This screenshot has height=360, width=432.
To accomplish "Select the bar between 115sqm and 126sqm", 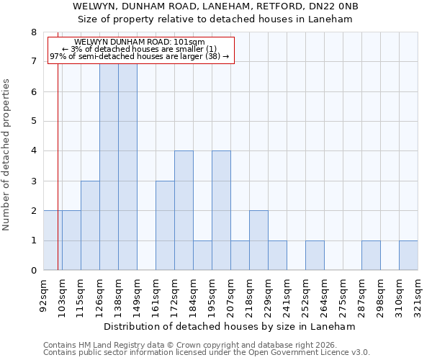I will tap(90, 225).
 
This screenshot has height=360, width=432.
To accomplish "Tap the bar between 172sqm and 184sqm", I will tap(184, 210).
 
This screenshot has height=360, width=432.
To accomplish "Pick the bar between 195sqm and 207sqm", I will tap(221, 210).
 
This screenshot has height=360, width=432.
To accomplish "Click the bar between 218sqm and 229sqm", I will tap(258, 240).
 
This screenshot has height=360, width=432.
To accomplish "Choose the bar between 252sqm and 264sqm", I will tap(315, 256).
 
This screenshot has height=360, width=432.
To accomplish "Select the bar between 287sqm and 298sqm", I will tap(371, 256).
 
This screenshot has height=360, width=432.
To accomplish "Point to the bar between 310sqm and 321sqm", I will tap(408, 256).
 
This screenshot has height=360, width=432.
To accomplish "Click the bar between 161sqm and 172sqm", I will tap(165, 225).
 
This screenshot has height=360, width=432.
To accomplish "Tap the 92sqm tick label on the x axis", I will tap(43, 294).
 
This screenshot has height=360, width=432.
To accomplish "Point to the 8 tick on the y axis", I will tap(33, 32).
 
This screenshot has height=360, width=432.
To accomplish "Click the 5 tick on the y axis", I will tap(33, 122).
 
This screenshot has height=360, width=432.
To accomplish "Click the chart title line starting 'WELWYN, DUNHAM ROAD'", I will tap(215, 6).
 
